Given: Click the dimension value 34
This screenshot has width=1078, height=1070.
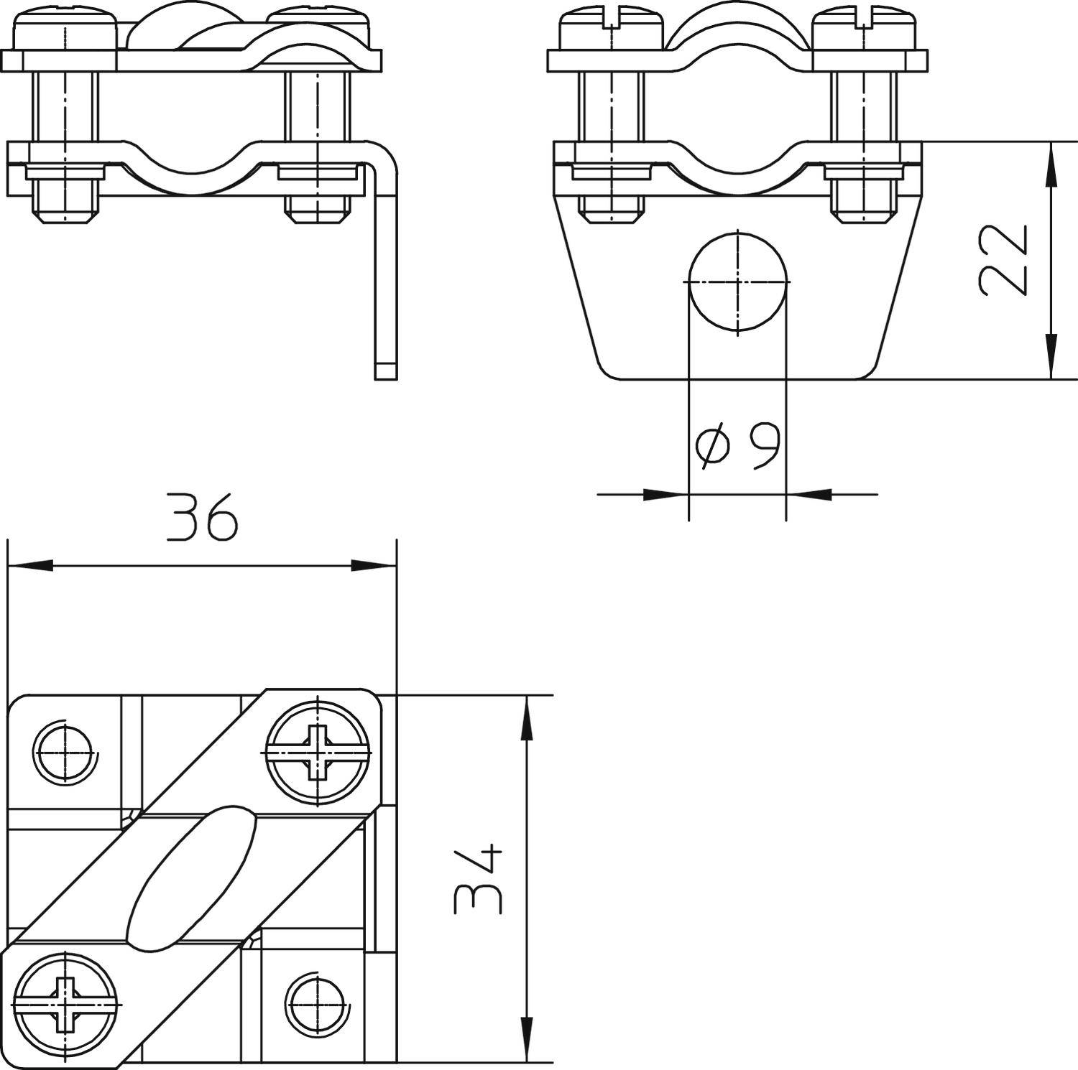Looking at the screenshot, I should coord(479,880).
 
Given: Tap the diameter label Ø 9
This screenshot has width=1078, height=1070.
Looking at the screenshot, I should coord(738,446).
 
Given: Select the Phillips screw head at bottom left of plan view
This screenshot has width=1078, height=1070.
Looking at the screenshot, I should coord(66,1003).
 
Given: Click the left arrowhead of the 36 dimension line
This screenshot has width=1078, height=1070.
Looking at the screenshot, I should coord(29,566).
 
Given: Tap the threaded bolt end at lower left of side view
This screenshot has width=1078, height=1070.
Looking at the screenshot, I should coord(65,205).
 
